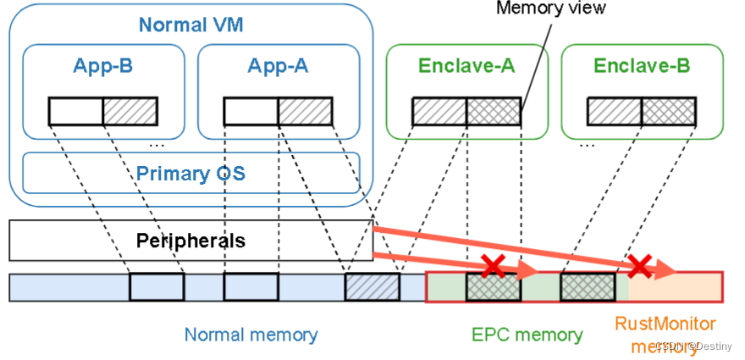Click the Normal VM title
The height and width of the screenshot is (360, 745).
[191, 25]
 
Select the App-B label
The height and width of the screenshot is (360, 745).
[103, 65]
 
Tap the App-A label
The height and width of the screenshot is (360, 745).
[279, 65]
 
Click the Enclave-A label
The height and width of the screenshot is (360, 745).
[466, 65]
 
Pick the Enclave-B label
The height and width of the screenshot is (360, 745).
[642, 65]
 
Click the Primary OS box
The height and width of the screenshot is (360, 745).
[191, 174]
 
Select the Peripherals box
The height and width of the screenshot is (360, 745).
[191, 241]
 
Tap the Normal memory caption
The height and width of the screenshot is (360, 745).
[251, 335]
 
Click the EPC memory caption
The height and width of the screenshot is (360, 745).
[527, 335]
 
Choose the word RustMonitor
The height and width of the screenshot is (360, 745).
[665, 324]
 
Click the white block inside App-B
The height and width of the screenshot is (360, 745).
[75, 111]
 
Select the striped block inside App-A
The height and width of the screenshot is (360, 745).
[305, 111]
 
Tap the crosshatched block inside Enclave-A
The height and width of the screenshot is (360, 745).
[494, 111]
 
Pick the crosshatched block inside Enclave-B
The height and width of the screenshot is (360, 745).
[669, 111]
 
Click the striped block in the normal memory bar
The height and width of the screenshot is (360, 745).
[372, 287]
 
